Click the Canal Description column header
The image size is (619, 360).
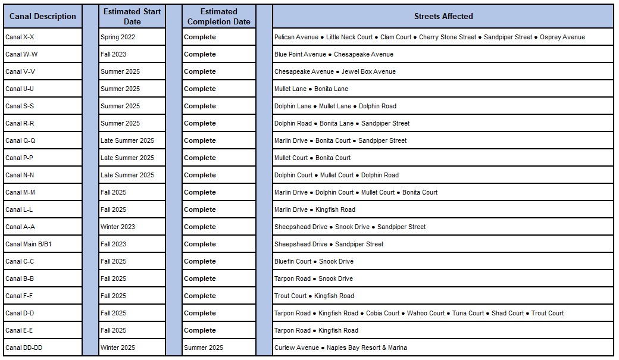[43, 16]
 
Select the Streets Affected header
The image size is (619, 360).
[443, 16]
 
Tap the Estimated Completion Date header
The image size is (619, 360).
[218, 16]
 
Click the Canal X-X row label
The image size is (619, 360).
[20, 37]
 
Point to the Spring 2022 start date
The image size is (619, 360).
[118, 37]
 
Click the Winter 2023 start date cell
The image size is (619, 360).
[118, 227]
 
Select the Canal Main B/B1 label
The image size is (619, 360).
[29, 244]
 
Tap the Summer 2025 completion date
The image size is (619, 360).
[204, 348]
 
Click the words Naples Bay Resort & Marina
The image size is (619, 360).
[367, 348]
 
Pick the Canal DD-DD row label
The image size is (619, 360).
[24, 348]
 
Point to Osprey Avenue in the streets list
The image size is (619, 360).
[562, 37]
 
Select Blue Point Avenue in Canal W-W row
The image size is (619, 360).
[300, 54]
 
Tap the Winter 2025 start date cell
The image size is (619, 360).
[118, 348]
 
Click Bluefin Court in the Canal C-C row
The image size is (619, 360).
[293, 261]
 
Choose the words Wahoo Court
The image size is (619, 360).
[426, 313]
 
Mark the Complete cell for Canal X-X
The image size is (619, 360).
[200, 37]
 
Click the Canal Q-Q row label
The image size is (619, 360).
[20, 140]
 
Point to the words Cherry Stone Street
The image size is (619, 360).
[448, 37]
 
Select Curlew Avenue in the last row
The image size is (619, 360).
[296, 348]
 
